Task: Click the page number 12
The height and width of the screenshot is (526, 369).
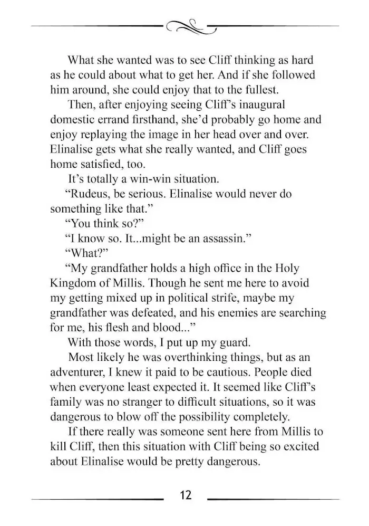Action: (185, 495)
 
